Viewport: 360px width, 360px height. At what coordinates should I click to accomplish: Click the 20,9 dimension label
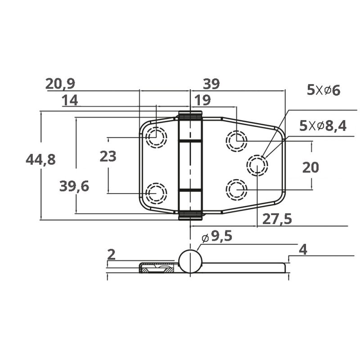tap(60, 84)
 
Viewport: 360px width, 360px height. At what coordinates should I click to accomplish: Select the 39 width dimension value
tap(211, 84)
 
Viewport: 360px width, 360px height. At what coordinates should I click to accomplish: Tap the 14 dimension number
tap(70, 100)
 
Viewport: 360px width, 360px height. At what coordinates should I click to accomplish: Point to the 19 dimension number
tap(202, 100)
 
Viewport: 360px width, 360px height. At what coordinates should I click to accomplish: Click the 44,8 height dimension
tap(41, 159)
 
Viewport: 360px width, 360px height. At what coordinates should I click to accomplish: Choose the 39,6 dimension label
tap(74, 185)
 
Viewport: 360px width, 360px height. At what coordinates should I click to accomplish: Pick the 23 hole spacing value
tap(108, 156)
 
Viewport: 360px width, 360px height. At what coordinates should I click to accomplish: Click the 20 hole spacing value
tap(310, 167)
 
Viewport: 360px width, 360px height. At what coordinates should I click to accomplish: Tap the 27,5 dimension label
tap(277, 219)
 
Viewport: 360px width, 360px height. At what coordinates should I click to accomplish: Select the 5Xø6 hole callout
tap(324, 90)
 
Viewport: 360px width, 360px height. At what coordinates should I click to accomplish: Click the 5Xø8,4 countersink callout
tap(323, 126)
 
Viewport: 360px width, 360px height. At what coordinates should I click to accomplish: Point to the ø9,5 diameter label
tap(217, 236)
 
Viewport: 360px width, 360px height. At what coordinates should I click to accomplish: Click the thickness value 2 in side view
tap(112, 255)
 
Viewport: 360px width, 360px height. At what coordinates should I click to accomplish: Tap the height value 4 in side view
tap(303, 250)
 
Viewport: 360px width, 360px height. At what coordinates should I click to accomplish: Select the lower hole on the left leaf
tap(156, 193)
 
